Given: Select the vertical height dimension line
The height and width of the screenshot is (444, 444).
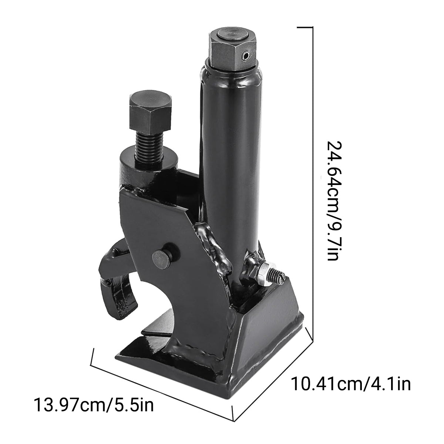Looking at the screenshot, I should (313, 178).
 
